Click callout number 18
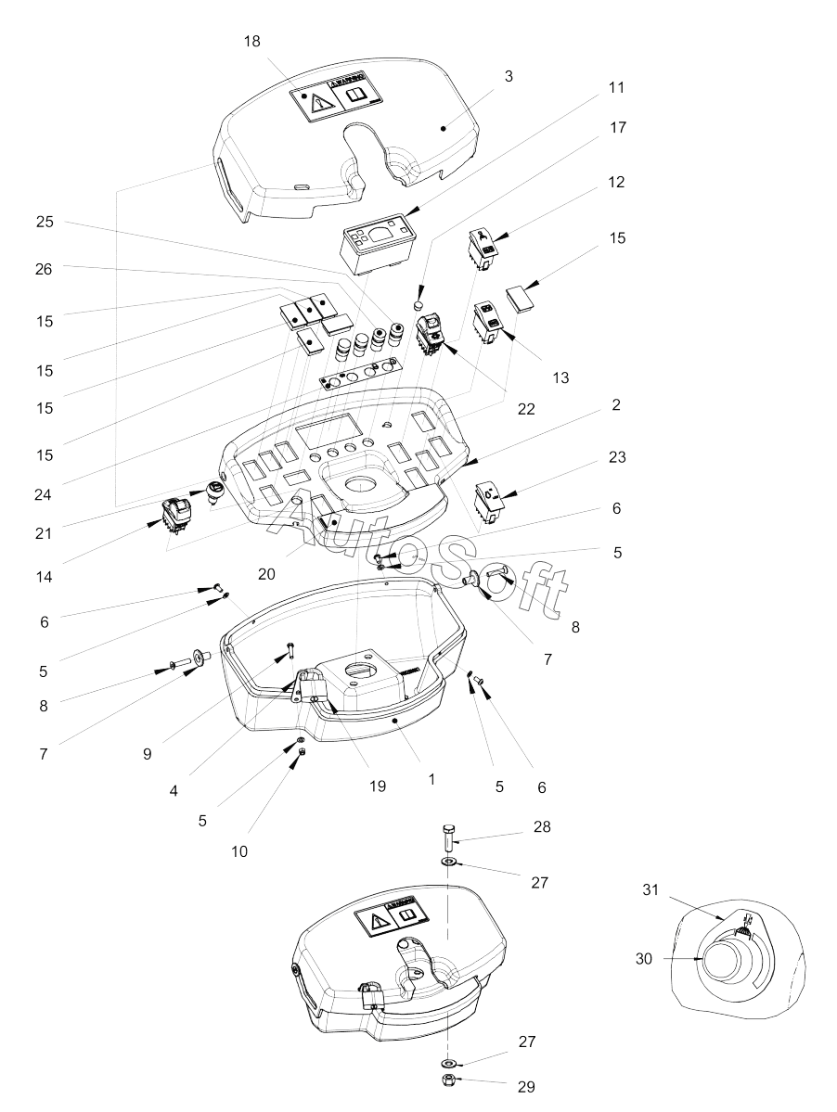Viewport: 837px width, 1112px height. [x=252, y=42]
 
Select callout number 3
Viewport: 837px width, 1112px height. [x=509, y=76]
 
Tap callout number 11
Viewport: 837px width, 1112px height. [x=616, y=87]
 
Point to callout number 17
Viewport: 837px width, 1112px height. [x=616, y=127]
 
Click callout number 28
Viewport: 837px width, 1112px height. [x=542, y=826]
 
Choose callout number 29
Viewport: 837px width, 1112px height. [x=527, y=1086]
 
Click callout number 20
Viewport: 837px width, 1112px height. [x=266, y=574]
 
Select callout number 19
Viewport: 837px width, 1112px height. [x=376, y=786]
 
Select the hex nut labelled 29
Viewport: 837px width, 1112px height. [x=447, y=1080]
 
